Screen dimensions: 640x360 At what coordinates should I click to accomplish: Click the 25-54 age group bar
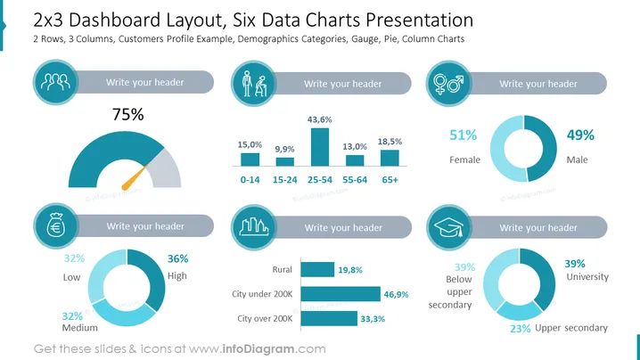coord(320,147)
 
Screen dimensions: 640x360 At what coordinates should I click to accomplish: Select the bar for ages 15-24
coord(285,161)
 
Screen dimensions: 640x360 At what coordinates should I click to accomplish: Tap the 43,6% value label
coord(320,119)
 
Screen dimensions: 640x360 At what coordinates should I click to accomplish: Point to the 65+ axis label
coord(390,180)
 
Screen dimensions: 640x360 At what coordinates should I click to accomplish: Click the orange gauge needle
coord(135,178)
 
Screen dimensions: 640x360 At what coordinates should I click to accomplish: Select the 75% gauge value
coord(128,115)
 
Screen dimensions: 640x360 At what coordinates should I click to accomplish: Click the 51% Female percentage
coord(464,135)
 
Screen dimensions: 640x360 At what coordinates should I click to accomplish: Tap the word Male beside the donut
coord(577,160)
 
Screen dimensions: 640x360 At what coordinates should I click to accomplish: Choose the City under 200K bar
coord(341,294)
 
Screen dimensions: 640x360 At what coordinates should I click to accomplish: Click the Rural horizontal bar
coord(317,269)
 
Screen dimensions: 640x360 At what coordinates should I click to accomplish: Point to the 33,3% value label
coord(373,319)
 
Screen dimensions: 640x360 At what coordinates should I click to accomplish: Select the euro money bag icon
coord(56,226)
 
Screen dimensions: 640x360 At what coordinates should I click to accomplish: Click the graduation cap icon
coord(448,227)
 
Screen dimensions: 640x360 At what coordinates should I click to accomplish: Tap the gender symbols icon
coord(448,84)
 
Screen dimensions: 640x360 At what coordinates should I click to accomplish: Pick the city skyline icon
coord(254,227)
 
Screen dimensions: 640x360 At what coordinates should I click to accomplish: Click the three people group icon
coord(55,82)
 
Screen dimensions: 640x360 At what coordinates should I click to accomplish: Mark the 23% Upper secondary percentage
coord(521,329)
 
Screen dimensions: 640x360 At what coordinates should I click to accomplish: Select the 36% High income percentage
coord(178,258)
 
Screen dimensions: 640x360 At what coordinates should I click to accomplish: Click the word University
coord(587,277)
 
